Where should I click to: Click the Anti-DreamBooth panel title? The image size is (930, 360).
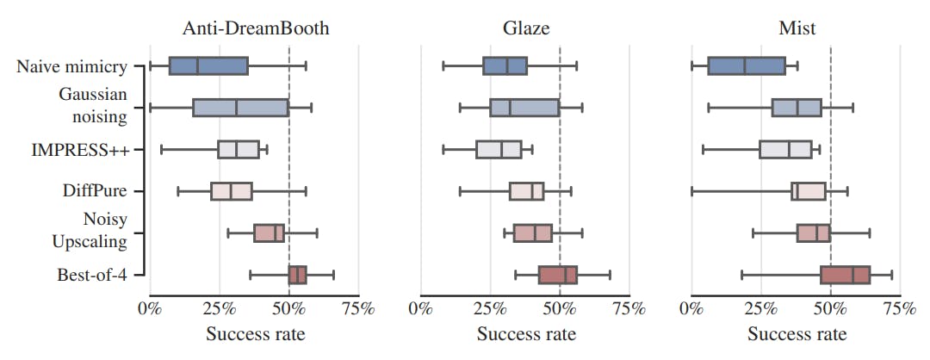(256, 28)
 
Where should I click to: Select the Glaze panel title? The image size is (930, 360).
(526, 28)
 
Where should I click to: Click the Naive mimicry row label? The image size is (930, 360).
(71, 66)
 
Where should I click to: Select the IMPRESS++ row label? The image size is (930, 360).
(81, 150)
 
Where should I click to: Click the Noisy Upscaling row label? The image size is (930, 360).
(92, 230)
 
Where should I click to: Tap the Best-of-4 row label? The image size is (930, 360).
(92, 276)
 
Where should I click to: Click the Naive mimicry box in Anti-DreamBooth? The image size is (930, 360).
(208, 66)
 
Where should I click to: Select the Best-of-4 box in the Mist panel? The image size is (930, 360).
(846, 275)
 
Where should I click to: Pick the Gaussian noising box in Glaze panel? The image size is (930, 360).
(524, 108)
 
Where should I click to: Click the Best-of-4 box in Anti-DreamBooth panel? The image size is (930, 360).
(297, 275)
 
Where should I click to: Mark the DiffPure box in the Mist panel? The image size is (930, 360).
(809, 191)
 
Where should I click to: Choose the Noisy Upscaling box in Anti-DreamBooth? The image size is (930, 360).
(269, 233)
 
